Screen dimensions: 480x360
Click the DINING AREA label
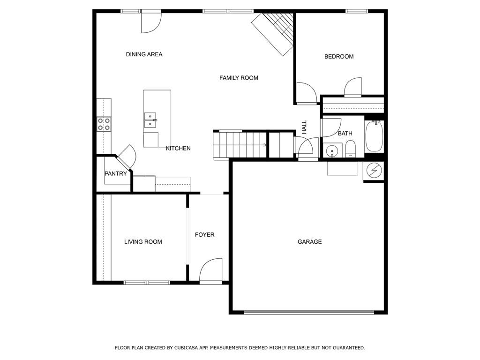pyautogui.click(x=144, y=54)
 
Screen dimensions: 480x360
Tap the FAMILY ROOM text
pyautogui.click(x=239, y=78)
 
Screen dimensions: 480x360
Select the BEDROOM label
pyautogui.click(x=339, y=57)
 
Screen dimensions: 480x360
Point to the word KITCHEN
pyautogui.click(x=178, y=149)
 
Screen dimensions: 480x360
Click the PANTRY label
pyautogui.click(x=116, y=174)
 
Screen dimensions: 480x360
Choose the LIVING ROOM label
pyautogui.click(x=143, y=242)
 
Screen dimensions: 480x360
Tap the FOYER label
pyautogui.click(x=204, y=235)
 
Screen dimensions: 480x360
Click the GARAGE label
pyautogui.click(x=309, y=242)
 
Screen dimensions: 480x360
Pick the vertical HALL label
pyautogui.click(x=304, y=127)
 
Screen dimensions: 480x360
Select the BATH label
pyautogui.click(x=345, y=134)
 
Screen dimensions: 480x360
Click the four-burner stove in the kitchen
pyautogui.click(x=104, y=124)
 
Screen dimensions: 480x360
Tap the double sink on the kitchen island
pyautogui.click(x=151, y=120)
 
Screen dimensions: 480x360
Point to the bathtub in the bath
pyautogui.click(x=374, y=136)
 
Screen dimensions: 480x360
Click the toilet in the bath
pyautogui.click(x=350, y=149)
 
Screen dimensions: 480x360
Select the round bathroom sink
pyautogui.click(x=332, y=151)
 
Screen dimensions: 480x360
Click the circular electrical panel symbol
pyautogui.click(x=374, y=170)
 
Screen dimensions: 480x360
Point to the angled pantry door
pyautogui.click(x=126, y=157)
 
